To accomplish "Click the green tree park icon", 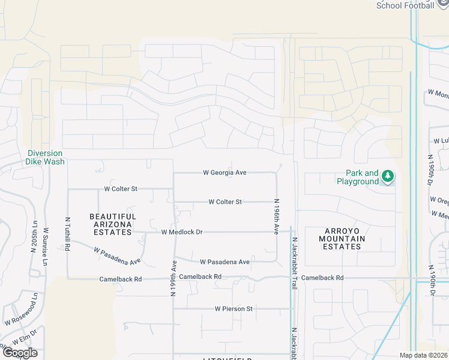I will (x=388, y=176).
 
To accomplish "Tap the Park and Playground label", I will (x=358, y=177).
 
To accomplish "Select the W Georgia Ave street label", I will (x=225, y=173).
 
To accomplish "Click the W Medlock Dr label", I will (x=182, y=232).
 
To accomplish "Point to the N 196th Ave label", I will (x=277, y=217).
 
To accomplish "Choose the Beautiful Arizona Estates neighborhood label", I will (x=113, y=224).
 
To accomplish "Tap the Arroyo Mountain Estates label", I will (x=336, y=238).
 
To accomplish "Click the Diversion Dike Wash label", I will (x=45, y=157).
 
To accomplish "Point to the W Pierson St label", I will (x=234, y=308).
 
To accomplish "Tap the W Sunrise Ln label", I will (x=46, y=247).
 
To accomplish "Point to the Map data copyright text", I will (x=423, y=355).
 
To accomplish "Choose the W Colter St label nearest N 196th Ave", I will (x=225, y=202).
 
